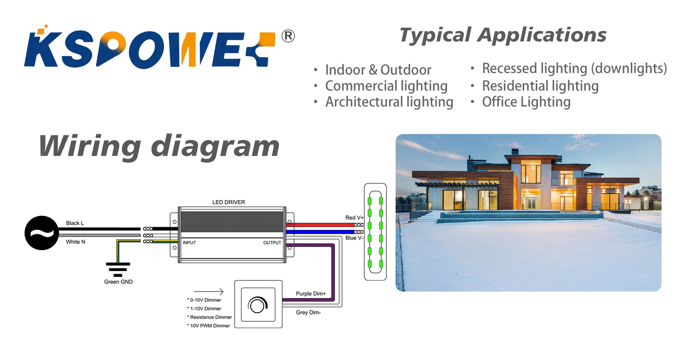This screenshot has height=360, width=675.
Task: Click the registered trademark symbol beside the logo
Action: (288, 36)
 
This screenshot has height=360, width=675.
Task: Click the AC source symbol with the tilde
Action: (42, 233)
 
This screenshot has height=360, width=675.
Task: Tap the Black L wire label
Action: (75, 223)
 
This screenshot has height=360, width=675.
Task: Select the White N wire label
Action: (76, 242)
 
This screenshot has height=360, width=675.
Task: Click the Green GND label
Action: (118, 282)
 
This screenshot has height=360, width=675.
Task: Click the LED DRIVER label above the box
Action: (229, 202)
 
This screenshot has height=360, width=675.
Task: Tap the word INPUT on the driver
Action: (189, 243)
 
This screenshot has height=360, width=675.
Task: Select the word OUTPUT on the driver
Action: (272, 243)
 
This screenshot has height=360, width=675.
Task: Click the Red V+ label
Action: (354, 218)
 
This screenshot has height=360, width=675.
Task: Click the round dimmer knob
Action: (258, 305)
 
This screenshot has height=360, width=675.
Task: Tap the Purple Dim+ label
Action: (311, 294)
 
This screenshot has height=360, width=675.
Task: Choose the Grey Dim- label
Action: (308, 312)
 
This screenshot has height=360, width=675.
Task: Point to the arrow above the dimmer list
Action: (209, 291)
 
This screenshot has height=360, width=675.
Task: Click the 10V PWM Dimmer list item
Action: (210, 326)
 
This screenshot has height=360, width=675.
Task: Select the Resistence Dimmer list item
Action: (211, 317)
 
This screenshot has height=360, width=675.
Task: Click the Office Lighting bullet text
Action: (526, 102)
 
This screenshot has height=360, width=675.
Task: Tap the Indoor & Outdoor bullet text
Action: (378, 70)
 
